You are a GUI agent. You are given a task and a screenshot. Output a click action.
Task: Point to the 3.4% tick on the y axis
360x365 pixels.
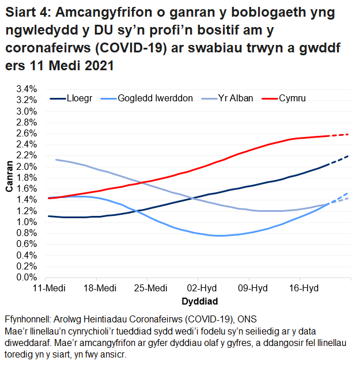[x=27, y=89]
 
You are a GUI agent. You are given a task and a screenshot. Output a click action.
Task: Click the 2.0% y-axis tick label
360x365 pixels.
[x=27, y=167]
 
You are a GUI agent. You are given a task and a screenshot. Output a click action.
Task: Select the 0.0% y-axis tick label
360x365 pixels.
[x=27, y=277]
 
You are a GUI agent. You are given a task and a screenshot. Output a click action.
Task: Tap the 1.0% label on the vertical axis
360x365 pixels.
[x=27, y=222]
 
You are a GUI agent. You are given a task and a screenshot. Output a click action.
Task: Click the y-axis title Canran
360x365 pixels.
[x=9, y=183]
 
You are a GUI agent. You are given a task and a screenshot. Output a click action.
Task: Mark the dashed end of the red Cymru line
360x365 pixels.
[x=340, y=135]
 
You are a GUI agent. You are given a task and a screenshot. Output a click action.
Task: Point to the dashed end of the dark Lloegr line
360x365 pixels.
[x=340, y=159]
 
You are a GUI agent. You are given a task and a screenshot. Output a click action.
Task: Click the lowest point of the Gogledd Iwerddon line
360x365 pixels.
[x=219, y=235]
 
